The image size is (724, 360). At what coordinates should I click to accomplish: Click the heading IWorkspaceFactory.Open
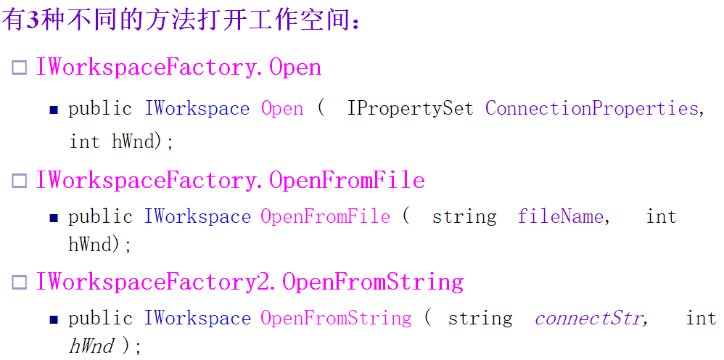coord(178,67)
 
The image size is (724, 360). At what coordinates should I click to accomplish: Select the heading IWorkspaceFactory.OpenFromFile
coord(230,179)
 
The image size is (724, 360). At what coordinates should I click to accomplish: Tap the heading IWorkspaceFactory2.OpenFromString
coord(250,282)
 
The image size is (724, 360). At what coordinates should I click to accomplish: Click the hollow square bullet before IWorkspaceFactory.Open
coord(19,69)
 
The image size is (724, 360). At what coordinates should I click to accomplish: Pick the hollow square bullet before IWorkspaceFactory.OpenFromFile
coord(19,181)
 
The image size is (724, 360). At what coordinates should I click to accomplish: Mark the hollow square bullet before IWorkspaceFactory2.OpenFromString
coord(19,283)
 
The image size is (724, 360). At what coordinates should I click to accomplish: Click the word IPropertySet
coord(410,109)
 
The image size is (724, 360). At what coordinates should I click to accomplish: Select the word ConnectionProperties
coord(591,109)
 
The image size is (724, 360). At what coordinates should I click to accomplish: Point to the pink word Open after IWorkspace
coord(282,109)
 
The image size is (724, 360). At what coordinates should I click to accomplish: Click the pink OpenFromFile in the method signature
coord(325,216)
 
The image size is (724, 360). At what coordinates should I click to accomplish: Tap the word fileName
coord(560,216)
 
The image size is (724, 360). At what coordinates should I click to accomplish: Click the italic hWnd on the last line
coord(91,346)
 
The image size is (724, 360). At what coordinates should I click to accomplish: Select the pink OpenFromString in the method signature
coord(336,318)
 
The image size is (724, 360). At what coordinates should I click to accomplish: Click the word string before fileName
coord(464,216)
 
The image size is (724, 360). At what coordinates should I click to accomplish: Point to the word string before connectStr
coord(480,318)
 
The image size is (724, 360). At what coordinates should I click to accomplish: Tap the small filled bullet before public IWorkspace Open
coord(54,110)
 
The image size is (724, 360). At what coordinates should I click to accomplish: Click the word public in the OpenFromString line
coord(100,318)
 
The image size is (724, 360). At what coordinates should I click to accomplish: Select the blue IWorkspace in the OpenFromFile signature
coord(197,216)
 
